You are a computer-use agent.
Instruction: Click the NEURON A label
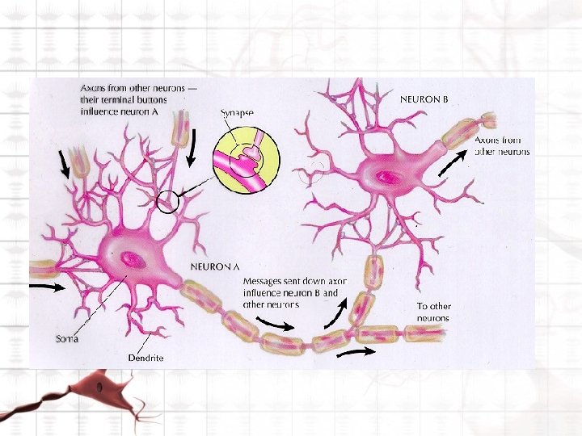point(214,265)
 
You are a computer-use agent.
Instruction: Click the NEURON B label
point(424,99)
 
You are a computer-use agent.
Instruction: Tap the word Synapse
point(237,112)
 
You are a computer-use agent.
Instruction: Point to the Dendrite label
point(145,357)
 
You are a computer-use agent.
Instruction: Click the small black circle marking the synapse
point(167,201)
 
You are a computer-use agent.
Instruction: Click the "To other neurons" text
point(433,312)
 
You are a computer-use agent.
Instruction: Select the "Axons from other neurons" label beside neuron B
point(502,145)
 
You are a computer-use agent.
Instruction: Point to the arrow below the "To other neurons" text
point(355,352)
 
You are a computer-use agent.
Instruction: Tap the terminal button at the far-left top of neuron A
point(79,161)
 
